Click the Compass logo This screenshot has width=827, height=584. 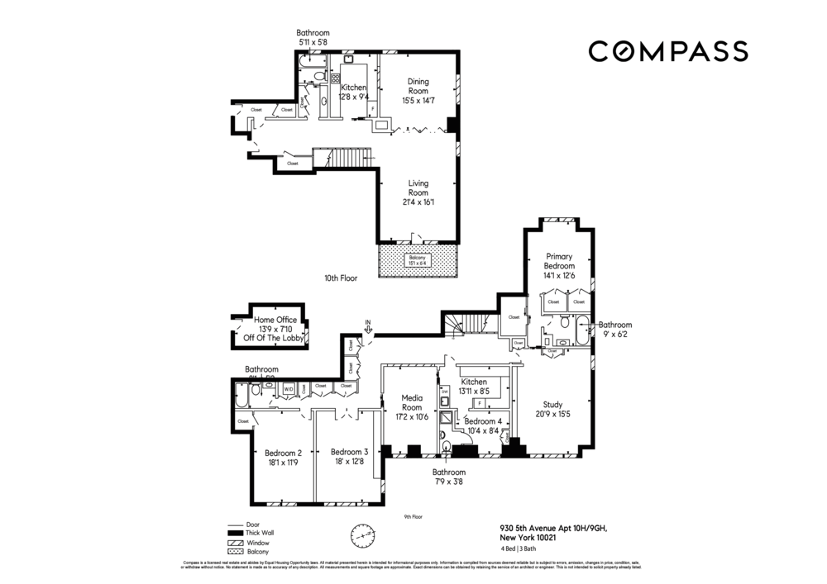pos(668,51)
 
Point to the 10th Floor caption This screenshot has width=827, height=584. pos(340,279)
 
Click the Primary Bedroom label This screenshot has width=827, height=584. pos(559,266)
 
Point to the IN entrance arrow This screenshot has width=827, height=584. pos(368,327)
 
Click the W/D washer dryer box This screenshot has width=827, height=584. pos(289,387)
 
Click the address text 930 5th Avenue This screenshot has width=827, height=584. pos(558,529)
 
